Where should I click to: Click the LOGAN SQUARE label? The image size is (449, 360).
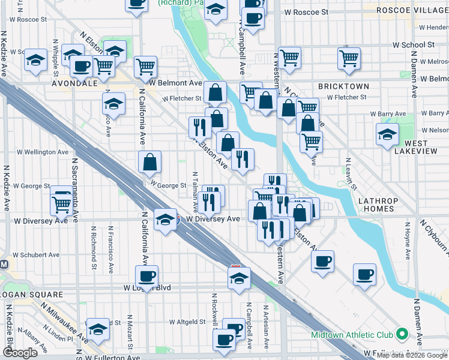click(x=31, y=295)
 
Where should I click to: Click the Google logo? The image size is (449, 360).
click(x=20, y=353)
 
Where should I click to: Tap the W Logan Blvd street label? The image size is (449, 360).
click(x=148, y=288)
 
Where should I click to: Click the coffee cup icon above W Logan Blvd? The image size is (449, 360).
click(x=147, y=276)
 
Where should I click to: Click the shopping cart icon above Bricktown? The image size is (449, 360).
click(x=349, y=58)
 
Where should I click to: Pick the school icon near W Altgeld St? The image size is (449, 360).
click(x=98, y=328)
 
